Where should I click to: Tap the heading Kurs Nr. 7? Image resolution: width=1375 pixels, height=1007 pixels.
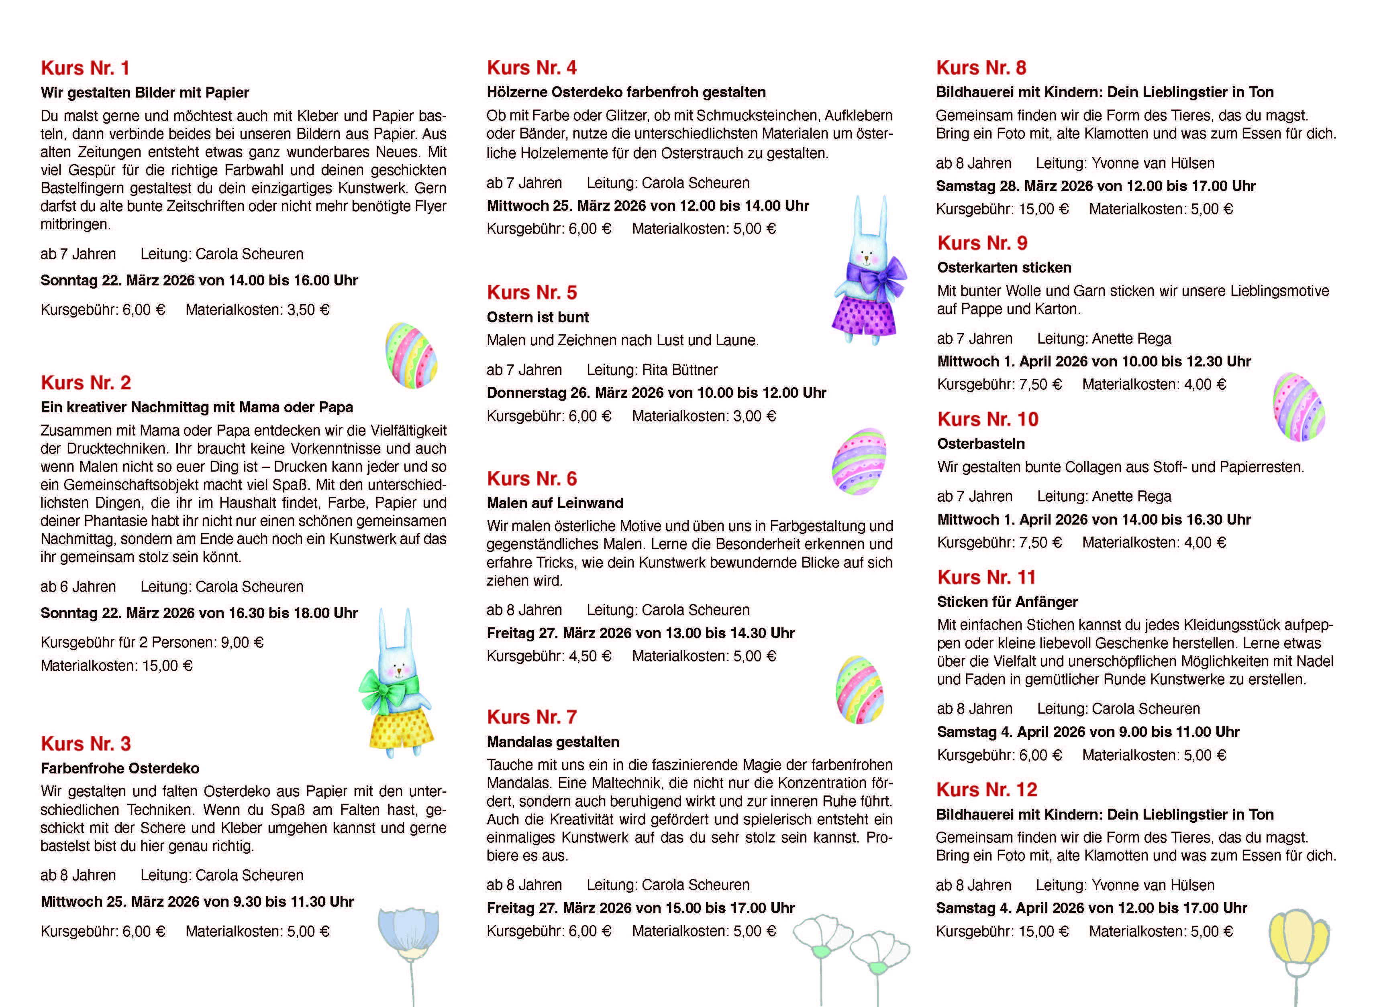pyautogui.click(x=531, y=717)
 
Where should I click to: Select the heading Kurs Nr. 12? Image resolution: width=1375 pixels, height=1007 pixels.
pyautogui.click(x=987, y=789)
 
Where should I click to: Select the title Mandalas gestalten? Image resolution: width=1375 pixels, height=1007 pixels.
pyautogui.click(x=553, y=742)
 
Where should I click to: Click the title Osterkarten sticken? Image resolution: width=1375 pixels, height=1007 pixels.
pyautogui.click(x=1004, y=268)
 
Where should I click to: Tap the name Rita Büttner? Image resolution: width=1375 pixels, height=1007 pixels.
pyautogui.click(x=679, y=370)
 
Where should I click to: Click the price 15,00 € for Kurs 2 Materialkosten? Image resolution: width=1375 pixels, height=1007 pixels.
pyautogui.click(x=167, y=665)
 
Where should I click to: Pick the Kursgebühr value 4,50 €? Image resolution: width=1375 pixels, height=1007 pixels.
pyautogui.click(x=589, y=657)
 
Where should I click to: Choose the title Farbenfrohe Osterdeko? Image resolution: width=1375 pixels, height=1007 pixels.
pyautogui.click(x=120, y=768)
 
